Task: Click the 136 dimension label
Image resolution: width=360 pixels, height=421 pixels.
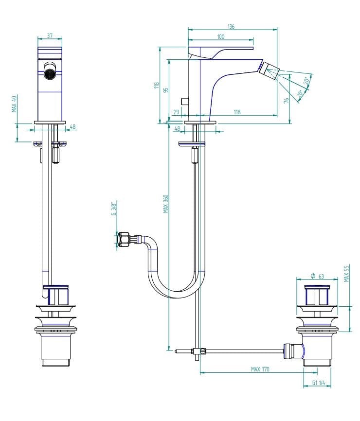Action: click(231, 26)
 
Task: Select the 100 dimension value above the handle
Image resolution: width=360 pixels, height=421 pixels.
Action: click(220, 36)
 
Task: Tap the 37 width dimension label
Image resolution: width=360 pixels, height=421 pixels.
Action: click(50, 35)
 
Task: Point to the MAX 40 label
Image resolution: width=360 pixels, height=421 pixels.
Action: click(15, 104)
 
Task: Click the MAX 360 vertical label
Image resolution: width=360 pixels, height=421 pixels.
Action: click(166, 204)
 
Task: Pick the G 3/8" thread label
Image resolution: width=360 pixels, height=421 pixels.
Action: click(114, 210)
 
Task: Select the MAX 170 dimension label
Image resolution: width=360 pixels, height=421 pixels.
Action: click(260, 369)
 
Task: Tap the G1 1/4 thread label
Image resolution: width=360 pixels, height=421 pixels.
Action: click(319, 383)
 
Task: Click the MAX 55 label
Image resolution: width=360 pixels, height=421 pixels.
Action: click(346, 274)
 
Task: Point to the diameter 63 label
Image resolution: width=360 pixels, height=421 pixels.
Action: click(317, 276)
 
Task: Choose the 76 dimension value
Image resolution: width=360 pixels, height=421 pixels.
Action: click(286, 101)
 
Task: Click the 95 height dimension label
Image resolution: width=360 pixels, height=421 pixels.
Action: click(166, 90)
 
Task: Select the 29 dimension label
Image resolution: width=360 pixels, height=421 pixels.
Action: click(176, 112)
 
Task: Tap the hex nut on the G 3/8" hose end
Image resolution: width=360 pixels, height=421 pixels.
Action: click(123, 239)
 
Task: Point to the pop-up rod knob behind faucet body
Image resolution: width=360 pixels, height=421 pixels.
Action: click(185, 102)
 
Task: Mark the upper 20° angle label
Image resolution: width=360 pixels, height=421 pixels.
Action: click(306, 81)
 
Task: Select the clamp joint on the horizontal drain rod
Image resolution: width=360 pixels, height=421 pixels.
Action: click(199, 351)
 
